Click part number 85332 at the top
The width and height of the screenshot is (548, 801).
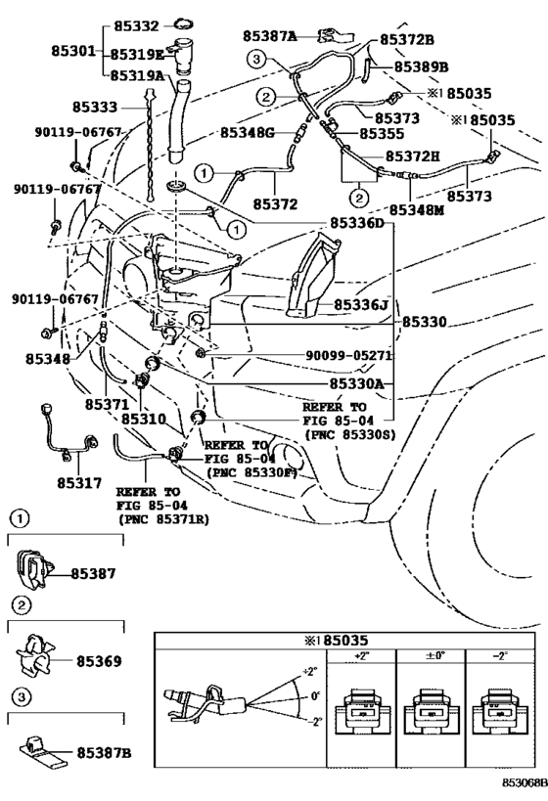pos(136,25)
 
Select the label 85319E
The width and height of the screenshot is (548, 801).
pos(138,54)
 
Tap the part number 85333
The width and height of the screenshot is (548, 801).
pos(95,107)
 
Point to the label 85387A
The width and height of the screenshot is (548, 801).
pos(269,36)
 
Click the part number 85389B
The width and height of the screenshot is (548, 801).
pos(421,67)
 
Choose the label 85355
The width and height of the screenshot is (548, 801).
pos(382,134)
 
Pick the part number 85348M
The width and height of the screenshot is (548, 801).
pos(417,210)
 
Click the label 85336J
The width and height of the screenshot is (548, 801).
pos(361,305)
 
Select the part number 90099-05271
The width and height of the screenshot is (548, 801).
pos(348,355)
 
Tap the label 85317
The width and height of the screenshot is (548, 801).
pos(79,483)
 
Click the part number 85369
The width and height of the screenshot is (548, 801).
pos(99,661)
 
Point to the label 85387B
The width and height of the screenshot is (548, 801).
pos(105,752)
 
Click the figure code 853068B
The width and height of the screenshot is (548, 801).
pos(525,782)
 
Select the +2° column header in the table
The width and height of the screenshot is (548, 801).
pos(361,656)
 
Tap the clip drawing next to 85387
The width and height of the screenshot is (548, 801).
pos(33,568)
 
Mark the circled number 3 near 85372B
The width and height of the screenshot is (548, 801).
pos(256,60)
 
